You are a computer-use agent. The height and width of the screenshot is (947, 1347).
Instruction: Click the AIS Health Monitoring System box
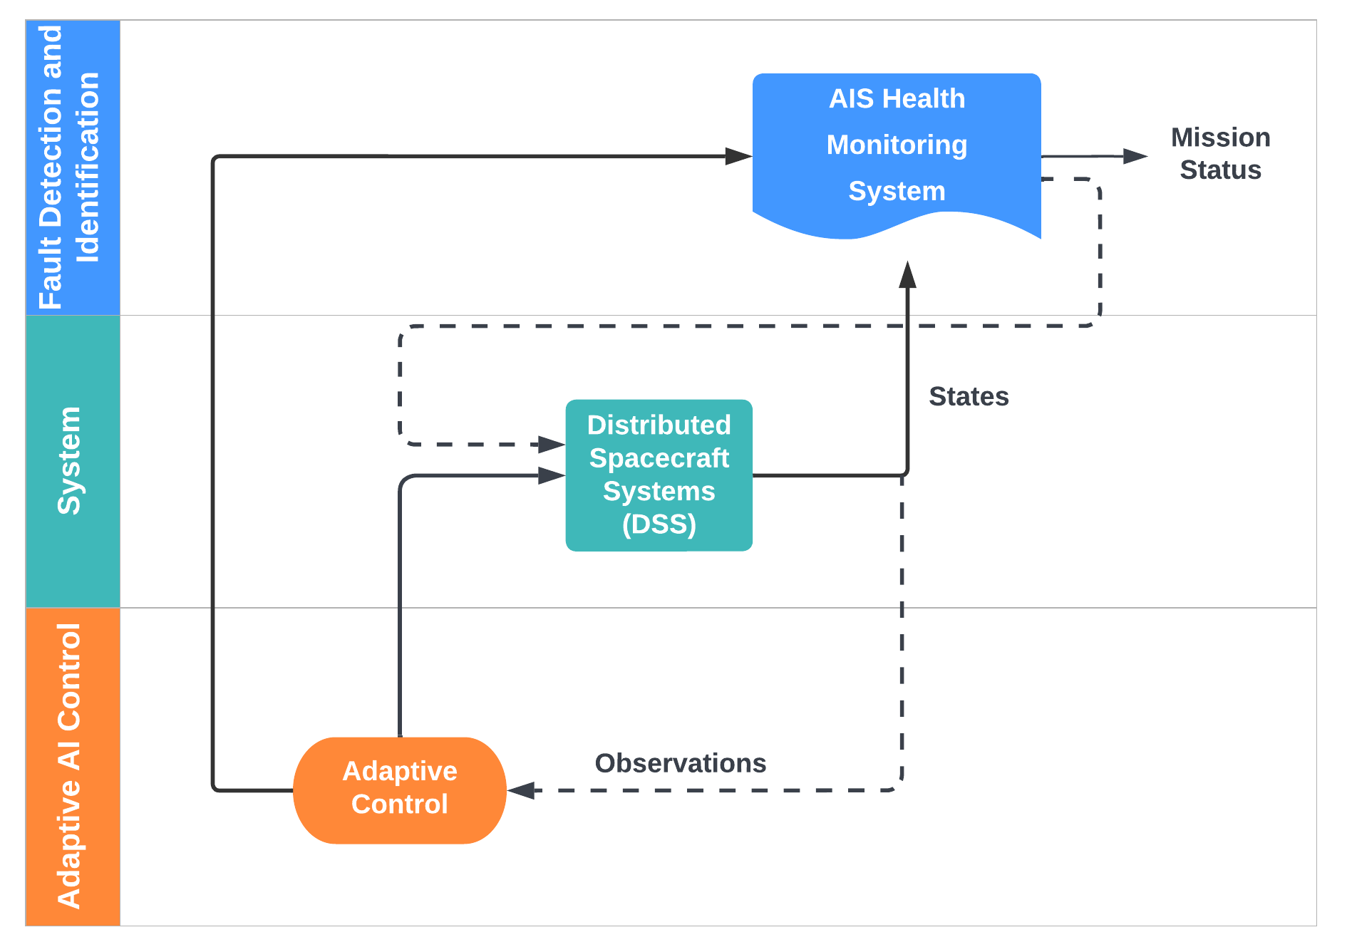click(897, 153)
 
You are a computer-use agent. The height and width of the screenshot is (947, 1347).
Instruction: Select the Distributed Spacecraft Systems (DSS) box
click(659, 475)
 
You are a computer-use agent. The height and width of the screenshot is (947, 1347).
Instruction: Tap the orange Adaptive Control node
click(400, 790)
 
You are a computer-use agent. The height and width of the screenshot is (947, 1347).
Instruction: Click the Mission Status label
click(1221, 153)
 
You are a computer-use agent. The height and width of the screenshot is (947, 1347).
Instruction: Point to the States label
click(969, 396)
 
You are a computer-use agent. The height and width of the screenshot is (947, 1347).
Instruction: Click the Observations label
click(681, 763)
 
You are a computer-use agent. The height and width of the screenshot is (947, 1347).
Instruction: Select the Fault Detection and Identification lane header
click(73, 167)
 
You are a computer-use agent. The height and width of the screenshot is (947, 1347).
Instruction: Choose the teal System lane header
click(73, 461)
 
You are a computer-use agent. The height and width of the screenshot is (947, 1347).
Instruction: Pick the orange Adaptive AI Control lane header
click(73, 767)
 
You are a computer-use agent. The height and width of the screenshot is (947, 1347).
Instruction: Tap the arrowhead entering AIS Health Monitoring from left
click(739, 156)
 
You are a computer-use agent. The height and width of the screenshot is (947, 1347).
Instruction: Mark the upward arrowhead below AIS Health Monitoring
click(907, 274)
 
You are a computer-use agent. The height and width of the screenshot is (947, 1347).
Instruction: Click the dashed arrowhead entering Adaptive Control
click(521, 790)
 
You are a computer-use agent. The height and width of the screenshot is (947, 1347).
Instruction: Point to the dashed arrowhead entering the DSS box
click(552, 445)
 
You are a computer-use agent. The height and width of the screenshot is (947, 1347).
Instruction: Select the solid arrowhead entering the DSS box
click(552, 475)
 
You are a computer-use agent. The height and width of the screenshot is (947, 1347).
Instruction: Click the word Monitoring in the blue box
click(897, 145)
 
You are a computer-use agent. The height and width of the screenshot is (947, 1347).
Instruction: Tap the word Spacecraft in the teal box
click(659, 458)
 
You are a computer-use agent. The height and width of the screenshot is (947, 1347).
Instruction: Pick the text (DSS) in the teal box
click(659, 524)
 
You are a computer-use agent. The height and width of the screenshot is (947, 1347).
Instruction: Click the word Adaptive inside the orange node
click(400, 772)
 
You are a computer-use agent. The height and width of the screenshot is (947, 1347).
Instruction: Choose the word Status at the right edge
click(1221, 170)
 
